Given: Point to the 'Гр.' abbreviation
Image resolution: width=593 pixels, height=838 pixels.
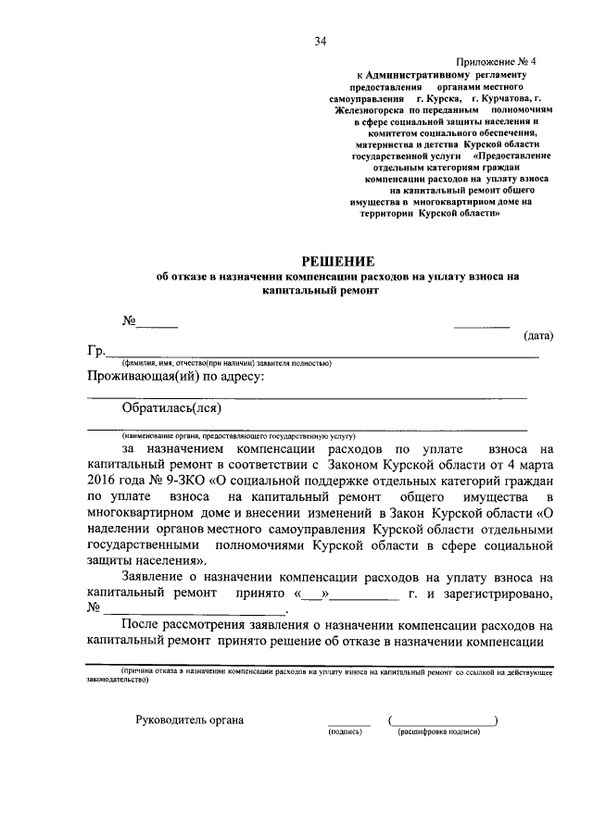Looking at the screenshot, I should click(x=97, y=352).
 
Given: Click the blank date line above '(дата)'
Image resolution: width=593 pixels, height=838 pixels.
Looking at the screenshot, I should click(x=481, y=325).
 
